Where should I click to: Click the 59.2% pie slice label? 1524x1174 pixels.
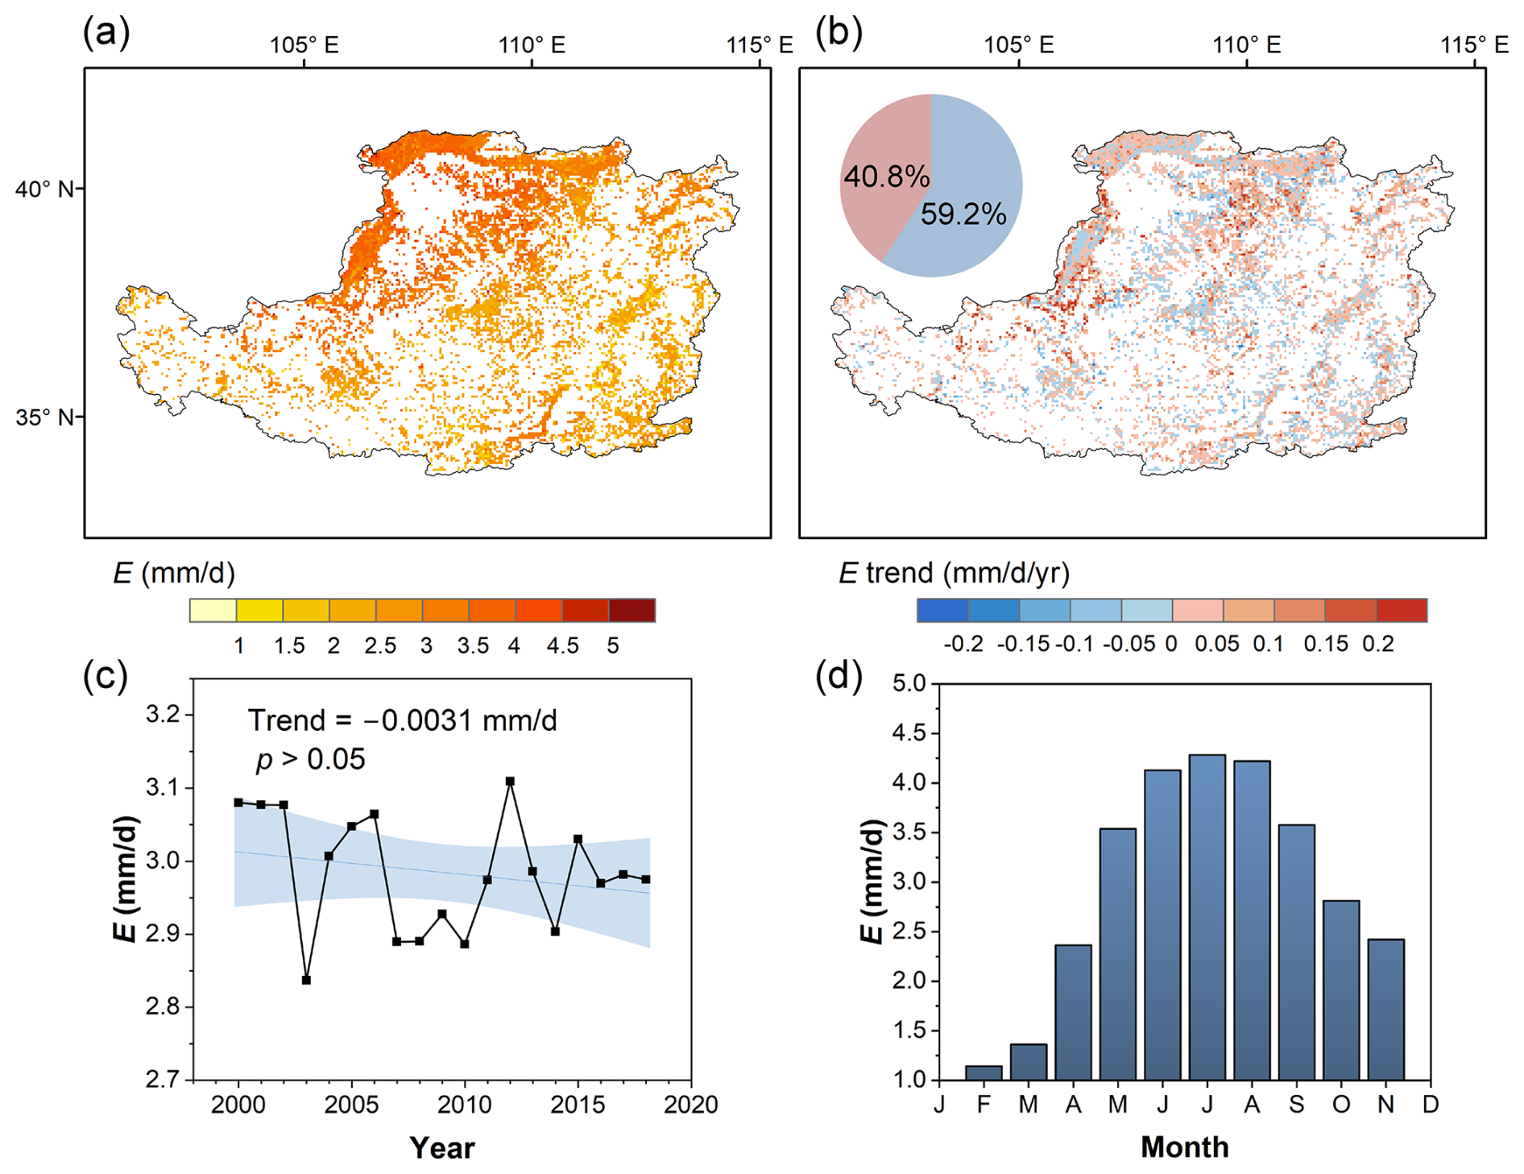[963, 214]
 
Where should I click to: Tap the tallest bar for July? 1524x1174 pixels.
[1207, 917]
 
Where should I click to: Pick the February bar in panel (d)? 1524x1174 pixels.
[984, 1072]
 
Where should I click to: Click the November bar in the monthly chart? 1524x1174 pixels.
[1385, 1010]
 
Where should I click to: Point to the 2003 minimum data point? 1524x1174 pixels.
[306, 980]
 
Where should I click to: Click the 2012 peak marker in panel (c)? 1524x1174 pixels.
[510, 781]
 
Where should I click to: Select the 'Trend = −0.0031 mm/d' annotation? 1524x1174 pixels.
[402, 720]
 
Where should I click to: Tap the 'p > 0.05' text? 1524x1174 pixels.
[311, 759]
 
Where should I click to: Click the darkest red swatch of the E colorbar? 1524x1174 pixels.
[632, 610]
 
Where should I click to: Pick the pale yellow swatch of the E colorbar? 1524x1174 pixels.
[213, 610]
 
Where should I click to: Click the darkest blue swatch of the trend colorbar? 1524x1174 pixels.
[942, 610]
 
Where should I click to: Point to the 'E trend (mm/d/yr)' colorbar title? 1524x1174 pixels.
[955, 573]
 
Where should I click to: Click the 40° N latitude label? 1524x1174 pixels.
[44, 189]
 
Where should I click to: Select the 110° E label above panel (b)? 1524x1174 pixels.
[1247, 44]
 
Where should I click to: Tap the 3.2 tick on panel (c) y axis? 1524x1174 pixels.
[164, 715]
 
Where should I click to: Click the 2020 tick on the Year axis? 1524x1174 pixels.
[690, 1104]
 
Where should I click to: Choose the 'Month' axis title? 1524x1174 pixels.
[1185, 1147]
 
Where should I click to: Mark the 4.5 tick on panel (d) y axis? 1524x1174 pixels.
[910, 733]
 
